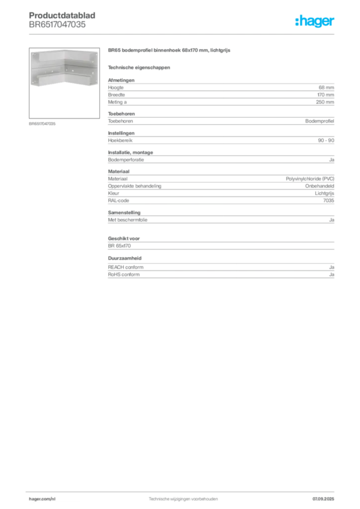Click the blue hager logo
(x=315, y=22)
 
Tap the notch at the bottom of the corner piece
(x=65, y=85)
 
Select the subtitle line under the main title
(x=140, y=67)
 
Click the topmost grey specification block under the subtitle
(x=220, y=92)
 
